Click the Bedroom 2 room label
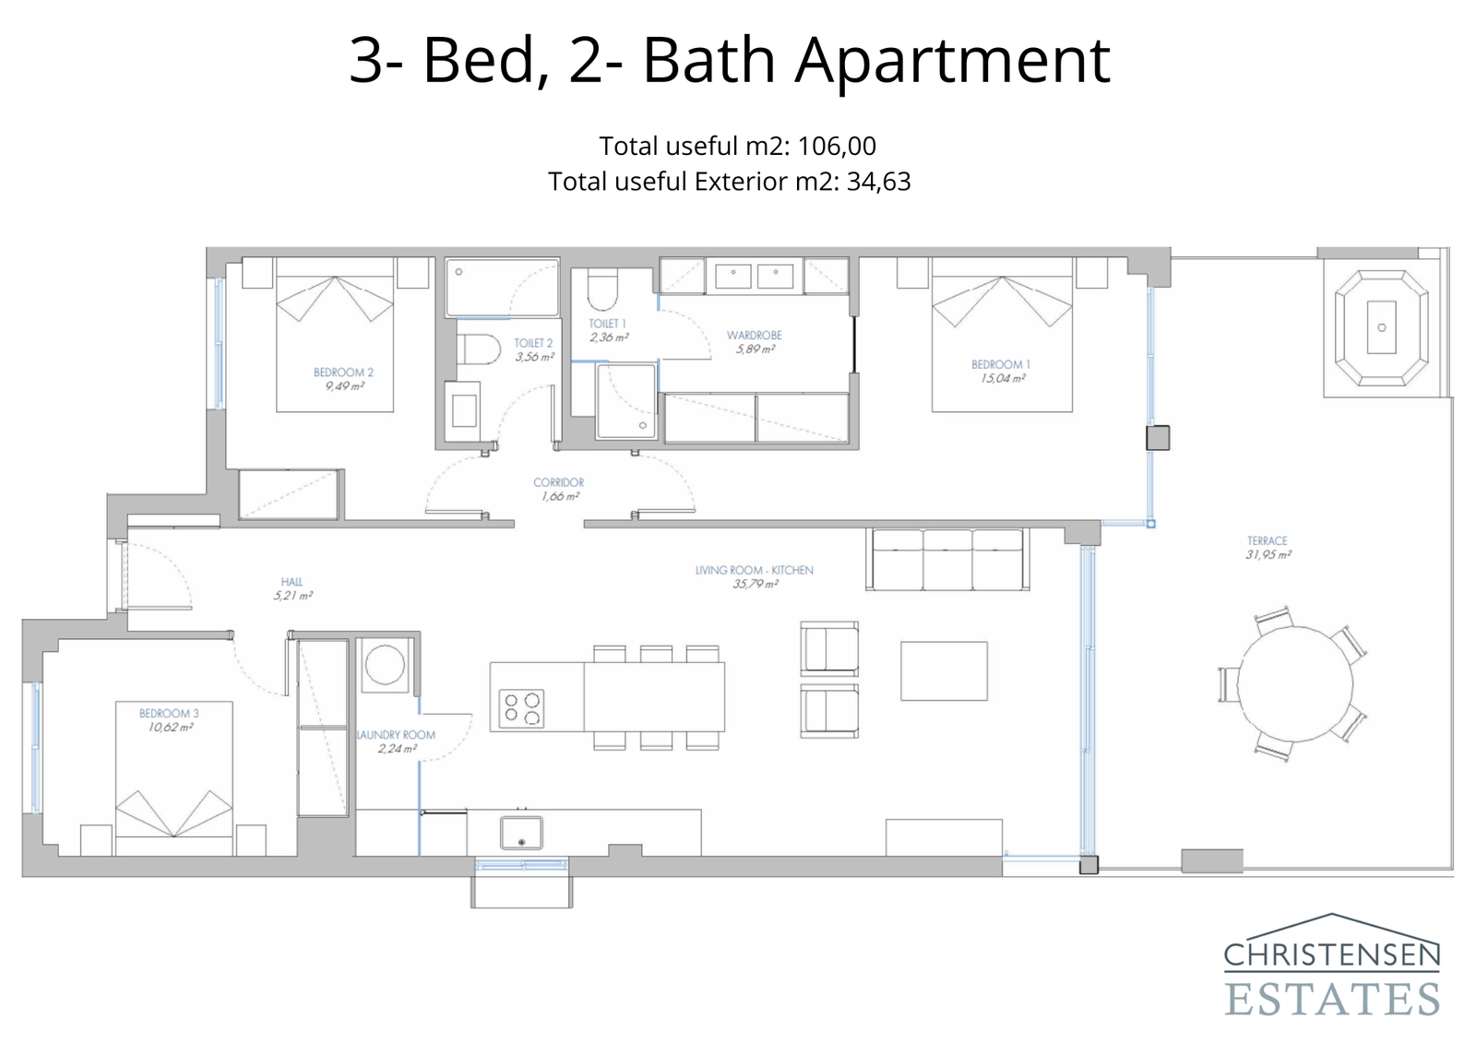pos(343,373)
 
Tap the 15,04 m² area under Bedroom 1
pos(1003,379)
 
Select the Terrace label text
pos(1267,541)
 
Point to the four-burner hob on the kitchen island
pos(521,709)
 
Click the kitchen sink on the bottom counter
pos(521,833)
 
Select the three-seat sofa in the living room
pos(947,559)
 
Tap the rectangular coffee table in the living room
pos(944,671)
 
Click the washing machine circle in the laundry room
pos(384,664)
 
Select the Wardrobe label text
pos(754,336)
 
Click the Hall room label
pos(292,582)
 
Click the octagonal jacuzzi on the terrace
pos(1381,327)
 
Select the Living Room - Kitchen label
pos(754,571)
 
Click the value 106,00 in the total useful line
pos(836,146)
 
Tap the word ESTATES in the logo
pos(1331,999)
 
